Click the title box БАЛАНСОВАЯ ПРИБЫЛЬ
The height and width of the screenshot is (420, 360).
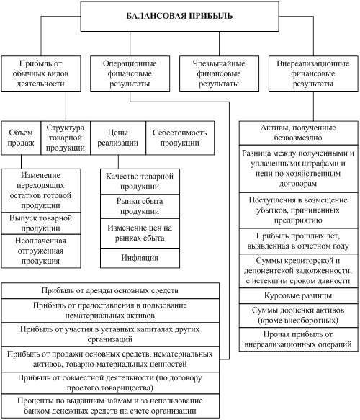click(179, 16)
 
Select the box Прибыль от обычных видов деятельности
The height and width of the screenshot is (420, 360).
click(41, 73)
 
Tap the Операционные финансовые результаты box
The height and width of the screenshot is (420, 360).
click(130, 73)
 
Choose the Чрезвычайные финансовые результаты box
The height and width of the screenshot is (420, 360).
click(219, 73)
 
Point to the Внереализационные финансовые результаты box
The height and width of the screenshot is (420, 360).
click(313, 73)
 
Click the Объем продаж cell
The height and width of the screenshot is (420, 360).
click(21, 138)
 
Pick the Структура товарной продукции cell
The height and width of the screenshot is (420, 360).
click(66, 138)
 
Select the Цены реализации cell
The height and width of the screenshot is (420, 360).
click(118, 138)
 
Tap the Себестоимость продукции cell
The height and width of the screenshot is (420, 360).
click(180, 138)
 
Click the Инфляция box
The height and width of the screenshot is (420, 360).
click(140, 258)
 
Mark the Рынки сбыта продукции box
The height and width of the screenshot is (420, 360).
click(140, 206)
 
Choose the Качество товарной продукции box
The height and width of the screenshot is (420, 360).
click(140, 182)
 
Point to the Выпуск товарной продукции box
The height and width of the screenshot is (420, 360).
click(41, 223)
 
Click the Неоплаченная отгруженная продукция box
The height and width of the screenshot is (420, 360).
click(41, 251)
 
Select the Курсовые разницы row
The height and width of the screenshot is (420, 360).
click(298, 295)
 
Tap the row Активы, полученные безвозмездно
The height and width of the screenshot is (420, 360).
click(298, 133)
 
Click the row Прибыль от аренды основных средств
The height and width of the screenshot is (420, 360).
click(110, 291)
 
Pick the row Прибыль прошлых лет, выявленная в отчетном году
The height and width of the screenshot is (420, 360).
click(298, 241)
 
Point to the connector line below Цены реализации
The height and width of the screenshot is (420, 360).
click(118, 162)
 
